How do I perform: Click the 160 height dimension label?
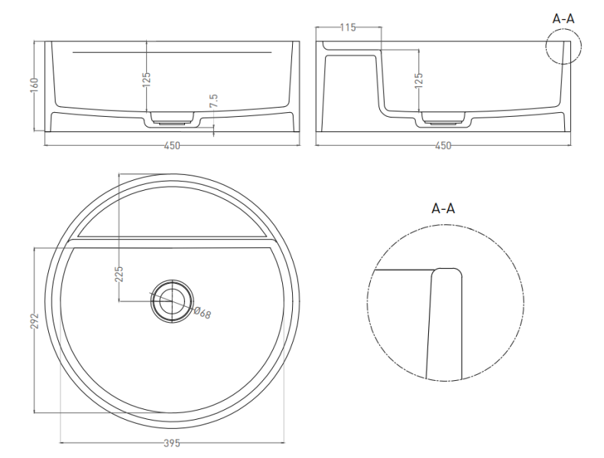pyautogui.click(x=34, y=85)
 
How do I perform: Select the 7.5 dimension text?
pyautogui.click(x=214, y=101)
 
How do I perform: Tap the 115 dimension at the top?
pyautogui.click(x=348, y=27)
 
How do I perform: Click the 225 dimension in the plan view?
pyautogui.click(x=119, y=274)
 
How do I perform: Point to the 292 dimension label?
pyautogui.click(x=34, y=321)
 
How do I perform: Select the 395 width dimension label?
pyautogui.click(x=172, y=443)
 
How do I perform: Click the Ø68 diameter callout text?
pyautogui.click(x=203, y=313)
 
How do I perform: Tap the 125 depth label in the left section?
pyautogui.click(x=147, y=80)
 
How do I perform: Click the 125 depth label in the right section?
pyautogui.click(x=419, y=80)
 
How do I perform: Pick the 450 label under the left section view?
pyautogui.click(x=172, y=146)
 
